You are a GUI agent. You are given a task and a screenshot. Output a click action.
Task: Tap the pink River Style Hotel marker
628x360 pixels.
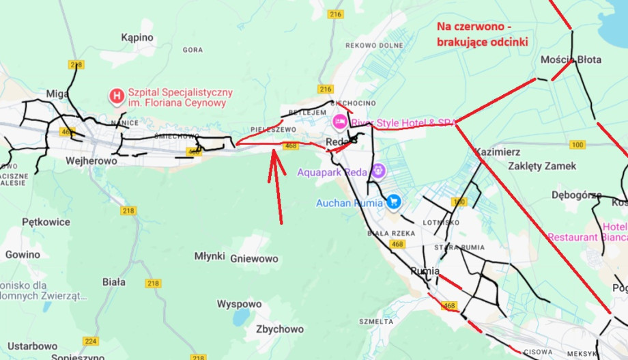tap(339, 122)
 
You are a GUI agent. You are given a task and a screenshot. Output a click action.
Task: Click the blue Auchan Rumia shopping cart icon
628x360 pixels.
tap(393, 202)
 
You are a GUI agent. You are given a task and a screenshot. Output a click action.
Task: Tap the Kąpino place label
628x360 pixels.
tap(137, 38)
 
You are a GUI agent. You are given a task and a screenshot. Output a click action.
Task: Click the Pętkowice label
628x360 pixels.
tap(46, 222)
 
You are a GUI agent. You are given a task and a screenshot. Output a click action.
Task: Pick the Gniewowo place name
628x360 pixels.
tap(254, 259)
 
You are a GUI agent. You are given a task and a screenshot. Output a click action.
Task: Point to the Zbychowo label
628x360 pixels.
tap(279, 329)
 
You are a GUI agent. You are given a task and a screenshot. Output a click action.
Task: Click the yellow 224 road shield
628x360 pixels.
tap(90, 341)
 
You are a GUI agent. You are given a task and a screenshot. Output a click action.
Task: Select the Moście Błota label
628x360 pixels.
tap(571, 59)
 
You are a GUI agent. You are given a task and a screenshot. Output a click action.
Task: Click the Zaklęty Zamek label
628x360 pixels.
tap(543, 166)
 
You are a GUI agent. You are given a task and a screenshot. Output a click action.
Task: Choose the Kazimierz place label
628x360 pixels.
tap(498, 151)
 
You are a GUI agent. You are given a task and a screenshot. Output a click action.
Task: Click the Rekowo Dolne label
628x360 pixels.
tap(370, 45)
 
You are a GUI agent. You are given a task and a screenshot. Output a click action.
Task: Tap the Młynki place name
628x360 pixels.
tap(210, 256)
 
